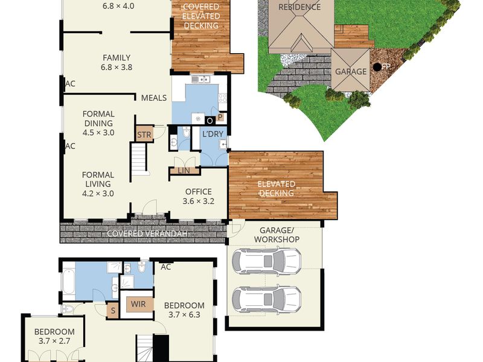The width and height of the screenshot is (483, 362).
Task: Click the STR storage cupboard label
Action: click(144, 135)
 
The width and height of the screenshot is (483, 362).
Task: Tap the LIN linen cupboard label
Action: click(184, 170)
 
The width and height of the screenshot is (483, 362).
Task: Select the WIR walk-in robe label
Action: click(138, 304)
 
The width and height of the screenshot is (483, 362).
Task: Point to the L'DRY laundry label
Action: click(213, 134)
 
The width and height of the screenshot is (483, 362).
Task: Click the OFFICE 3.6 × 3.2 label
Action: click(199, 197)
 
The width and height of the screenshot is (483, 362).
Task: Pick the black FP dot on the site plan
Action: click(377, 66)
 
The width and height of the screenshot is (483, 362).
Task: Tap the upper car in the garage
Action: click(266, 262)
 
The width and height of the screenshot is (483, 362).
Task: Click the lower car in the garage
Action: click(266, 299)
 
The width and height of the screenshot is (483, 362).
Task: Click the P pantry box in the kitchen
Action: click(220, 117)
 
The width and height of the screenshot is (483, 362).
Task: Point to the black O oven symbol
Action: click(210, 121)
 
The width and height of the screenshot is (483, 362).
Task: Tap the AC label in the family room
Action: click(70, 84)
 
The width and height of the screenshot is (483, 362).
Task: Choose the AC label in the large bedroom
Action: click(165, 267)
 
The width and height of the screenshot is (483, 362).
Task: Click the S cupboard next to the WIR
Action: click(113, 311)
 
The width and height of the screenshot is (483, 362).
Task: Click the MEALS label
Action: click(154, 98)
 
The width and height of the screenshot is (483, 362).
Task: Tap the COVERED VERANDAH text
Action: click(147, 233)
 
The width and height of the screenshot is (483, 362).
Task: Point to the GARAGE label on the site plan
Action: click(351, 72)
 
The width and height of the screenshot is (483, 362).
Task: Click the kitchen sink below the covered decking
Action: click(201, 80)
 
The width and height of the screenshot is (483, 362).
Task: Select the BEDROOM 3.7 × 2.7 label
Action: click(54, 337)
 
